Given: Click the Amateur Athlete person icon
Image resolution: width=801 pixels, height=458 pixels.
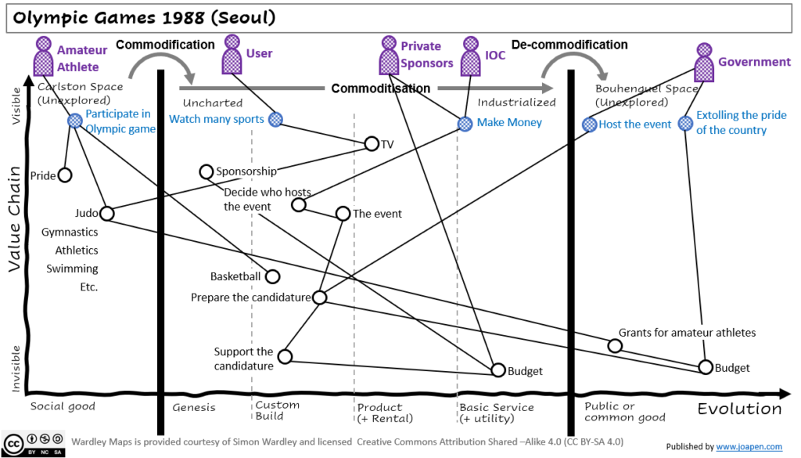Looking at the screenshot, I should (x=44, y=58).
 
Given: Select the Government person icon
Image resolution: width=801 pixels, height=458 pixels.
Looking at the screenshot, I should (x=704, y=62).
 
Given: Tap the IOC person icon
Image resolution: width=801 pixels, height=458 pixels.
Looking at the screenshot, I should (x=471, y=56).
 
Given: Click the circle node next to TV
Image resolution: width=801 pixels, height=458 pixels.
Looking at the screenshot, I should (x=372, y=143).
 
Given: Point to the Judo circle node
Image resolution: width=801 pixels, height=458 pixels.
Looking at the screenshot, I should (x=107, y=213).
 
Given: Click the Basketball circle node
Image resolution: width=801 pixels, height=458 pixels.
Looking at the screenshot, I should (x=272, y=276).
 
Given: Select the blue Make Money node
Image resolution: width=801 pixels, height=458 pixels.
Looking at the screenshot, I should (x=465, y=123).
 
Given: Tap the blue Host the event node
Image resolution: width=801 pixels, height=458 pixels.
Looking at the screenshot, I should (x=590, y=124).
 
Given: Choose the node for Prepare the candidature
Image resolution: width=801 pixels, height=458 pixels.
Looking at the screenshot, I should (x=319, y=298).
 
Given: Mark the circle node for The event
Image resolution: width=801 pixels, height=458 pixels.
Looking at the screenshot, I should (x=343, y=213).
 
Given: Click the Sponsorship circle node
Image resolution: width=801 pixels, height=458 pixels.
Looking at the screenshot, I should (x=207, y=171).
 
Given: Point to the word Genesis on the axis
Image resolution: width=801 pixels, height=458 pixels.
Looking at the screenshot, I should (x=193, y=407).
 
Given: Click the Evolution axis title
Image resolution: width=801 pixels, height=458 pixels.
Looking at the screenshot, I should (x=739, y=409).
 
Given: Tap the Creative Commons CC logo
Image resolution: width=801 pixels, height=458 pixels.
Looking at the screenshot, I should (x=13, y=442).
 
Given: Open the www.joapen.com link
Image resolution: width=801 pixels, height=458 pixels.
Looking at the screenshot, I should (x=750, y=446).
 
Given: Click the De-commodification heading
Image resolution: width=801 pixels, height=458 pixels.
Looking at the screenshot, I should (x=569, y=45).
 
